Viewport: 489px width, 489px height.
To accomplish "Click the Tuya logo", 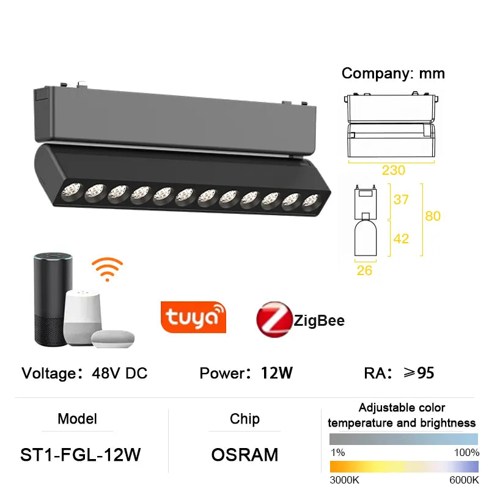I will pos(193,317).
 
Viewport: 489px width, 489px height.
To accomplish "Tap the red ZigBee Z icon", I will pos(274,320).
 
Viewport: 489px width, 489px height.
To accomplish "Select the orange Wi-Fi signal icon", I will pos(107,269).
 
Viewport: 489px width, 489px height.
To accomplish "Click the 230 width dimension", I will pos(394,171).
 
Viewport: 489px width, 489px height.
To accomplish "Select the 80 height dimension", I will pos(433,216).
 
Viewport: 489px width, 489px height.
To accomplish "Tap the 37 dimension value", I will pos(401,200).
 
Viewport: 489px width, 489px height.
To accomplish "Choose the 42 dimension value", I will pos(401,238).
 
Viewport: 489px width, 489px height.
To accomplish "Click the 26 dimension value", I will pos(364,270).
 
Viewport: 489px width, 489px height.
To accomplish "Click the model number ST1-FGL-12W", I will pos(81,455).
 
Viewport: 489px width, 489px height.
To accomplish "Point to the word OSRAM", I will pos(244,455).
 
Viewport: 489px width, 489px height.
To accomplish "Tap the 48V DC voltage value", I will pos(119,373).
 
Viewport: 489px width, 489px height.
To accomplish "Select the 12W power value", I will pos(277,373).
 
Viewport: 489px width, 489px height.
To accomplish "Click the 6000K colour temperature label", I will pos(464,479).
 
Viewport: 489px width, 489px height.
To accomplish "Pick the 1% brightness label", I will pos(337,452).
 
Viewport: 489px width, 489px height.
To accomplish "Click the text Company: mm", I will pos(393,73).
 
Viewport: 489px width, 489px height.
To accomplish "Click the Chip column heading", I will pos(244,419).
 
